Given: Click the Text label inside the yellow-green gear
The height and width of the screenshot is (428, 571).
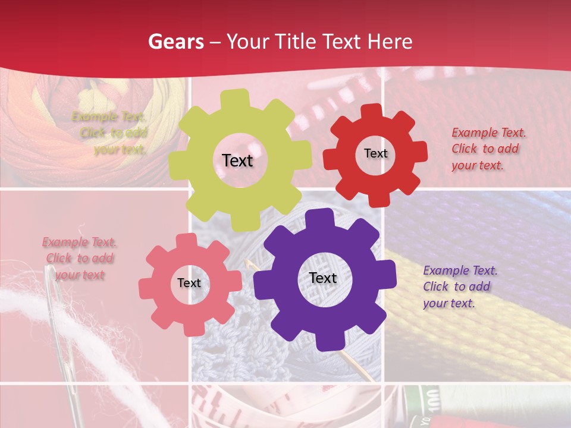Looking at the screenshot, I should tap(237, 160).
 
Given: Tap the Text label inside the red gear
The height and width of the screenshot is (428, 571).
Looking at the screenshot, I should tap(375, 153).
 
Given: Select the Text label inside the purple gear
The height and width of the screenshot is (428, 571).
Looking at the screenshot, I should tap(322, 278).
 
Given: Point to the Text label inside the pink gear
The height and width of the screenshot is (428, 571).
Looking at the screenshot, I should tap(189, 283).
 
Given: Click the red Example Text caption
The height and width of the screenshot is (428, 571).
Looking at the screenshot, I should tap(488, 149).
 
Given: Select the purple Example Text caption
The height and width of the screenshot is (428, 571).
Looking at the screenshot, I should tap(460, 287).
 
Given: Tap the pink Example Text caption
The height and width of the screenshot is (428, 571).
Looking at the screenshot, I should tap(80, 258).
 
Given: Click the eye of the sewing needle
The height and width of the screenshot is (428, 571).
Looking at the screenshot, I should tap(54, 285).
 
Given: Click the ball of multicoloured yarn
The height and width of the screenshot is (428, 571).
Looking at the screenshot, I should tap(83, 119).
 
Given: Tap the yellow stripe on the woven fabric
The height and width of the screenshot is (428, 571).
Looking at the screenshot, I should tap(476, 333).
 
